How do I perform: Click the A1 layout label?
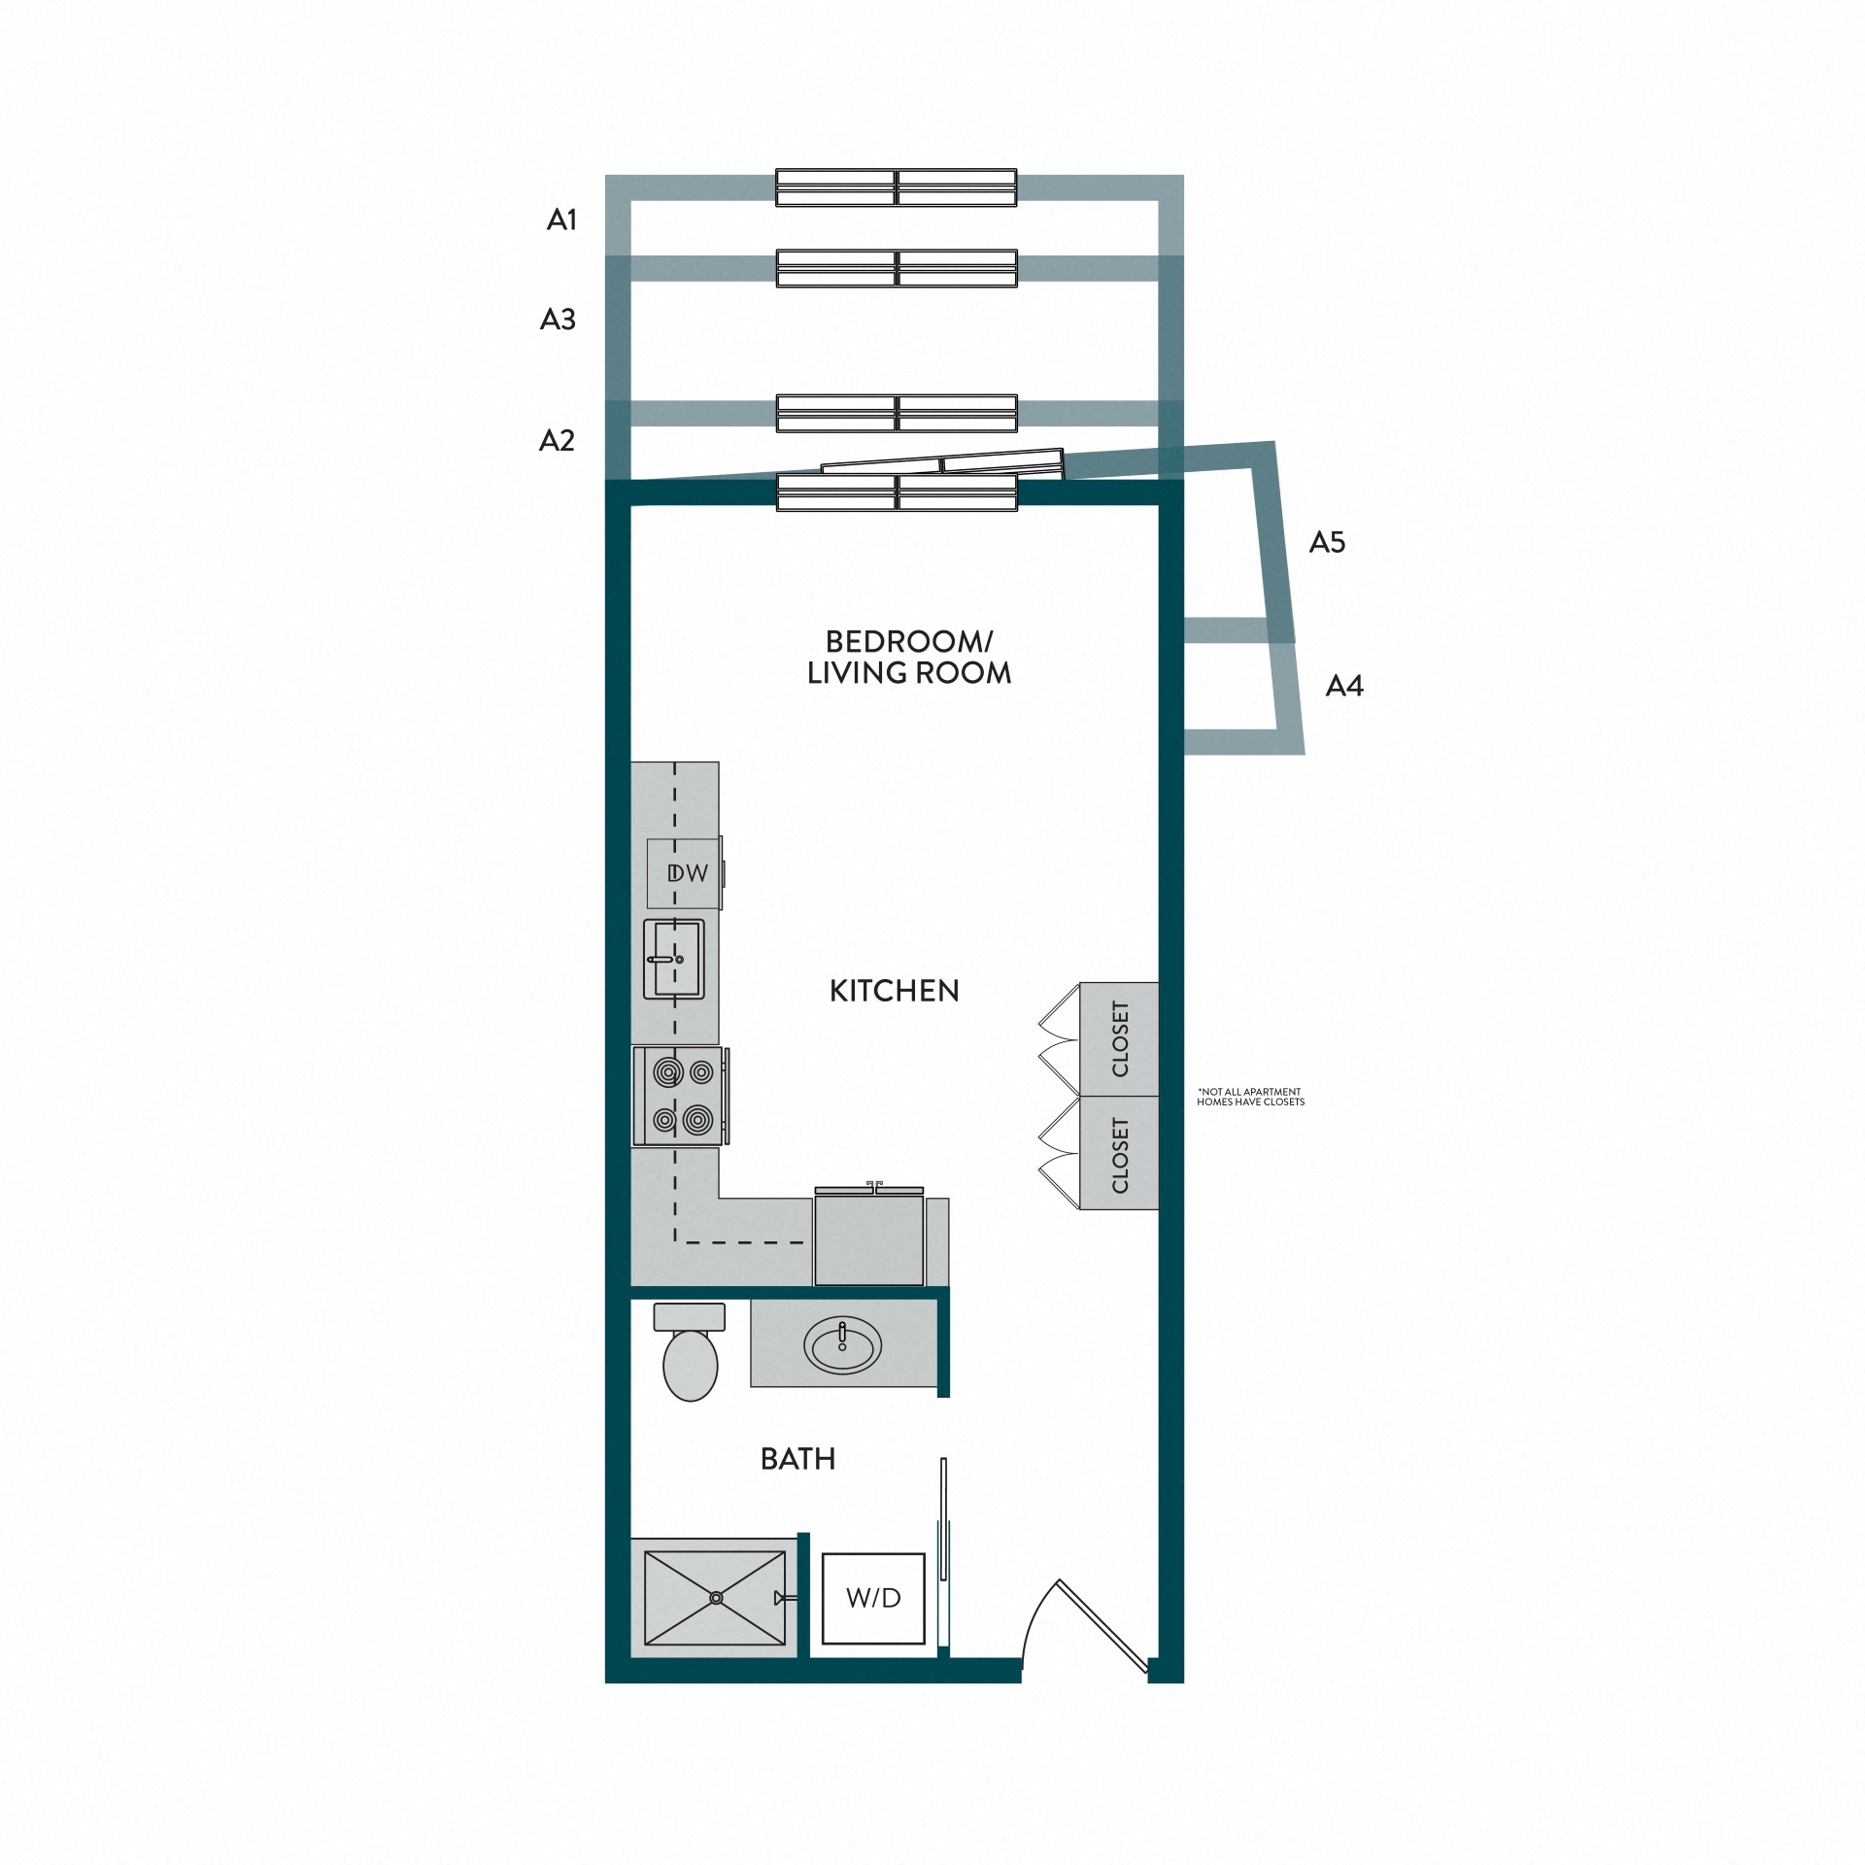561,220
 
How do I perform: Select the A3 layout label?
558,320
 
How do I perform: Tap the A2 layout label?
557,441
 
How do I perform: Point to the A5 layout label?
1327,543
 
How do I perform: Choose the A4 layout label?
1344,687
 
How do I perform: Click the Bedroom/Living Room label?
908,658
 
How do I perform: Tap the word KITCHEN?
894,991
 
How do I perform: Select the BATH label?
797,1459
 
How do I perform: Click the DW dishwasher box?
685,872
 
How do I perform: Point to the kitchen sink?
673,959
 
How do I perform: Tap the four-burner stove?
681,1096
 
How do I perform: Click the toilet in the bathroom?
690,1355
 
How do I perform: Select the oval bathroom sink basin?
842,1345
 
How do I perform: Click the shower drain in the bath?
716,1597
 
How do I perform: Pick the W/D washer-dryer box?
873,1598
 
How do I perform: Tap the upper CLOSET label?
1120,1038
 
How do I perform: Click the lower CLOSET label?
1120,1155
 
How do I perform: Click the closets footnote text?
1250,1097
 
